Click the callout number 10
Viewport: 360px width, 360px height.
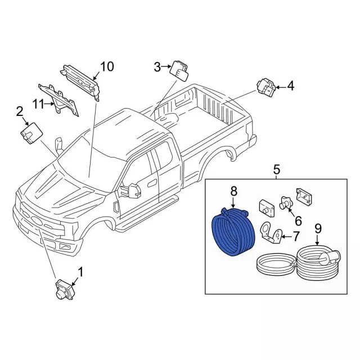coord(107,66)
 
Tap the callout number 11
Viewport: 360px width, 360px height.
coord(38,105)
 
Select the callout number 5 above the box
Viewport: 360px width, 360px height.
coord(276,170)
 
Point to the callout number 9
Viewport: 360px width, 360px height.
coord(318,229)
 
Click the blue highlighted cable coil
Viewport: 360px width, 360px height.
coord(233,232)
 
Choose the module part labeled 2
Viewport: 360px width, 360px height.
coord(31,133)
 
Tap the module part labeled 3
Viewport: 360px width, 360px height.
coord(179,70)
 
